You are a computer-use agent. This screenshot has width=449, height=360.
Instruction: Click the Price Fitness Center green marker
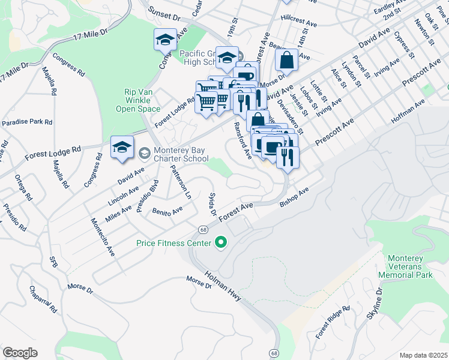[x=221, y=243]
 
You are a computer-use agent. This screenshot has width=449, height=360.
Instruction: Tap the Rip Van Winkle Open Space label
[x=142, y=100]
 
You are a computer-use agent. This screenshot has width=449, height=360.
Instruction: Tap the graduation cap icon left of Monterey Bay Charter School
[x=122, y=148]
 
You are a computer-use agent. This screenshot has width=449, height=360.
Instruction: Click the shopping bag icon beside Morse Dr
[x=287, y=60]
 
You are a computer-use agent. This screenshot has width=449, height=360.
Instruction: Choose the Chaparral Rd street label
[x=44, y=299]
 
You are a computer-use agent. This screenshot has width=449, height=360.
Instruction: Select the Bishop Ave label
[x=294, y=197]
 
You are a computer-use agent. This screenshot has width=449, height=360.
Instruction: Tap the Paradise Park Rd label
[x=26, y=122]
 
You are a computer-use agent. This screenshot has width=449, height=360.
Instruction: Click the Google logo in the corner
[x=20, y=352]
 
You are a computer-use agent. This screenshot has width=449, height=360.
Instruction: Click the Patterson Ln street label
[x=180, y=182]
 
